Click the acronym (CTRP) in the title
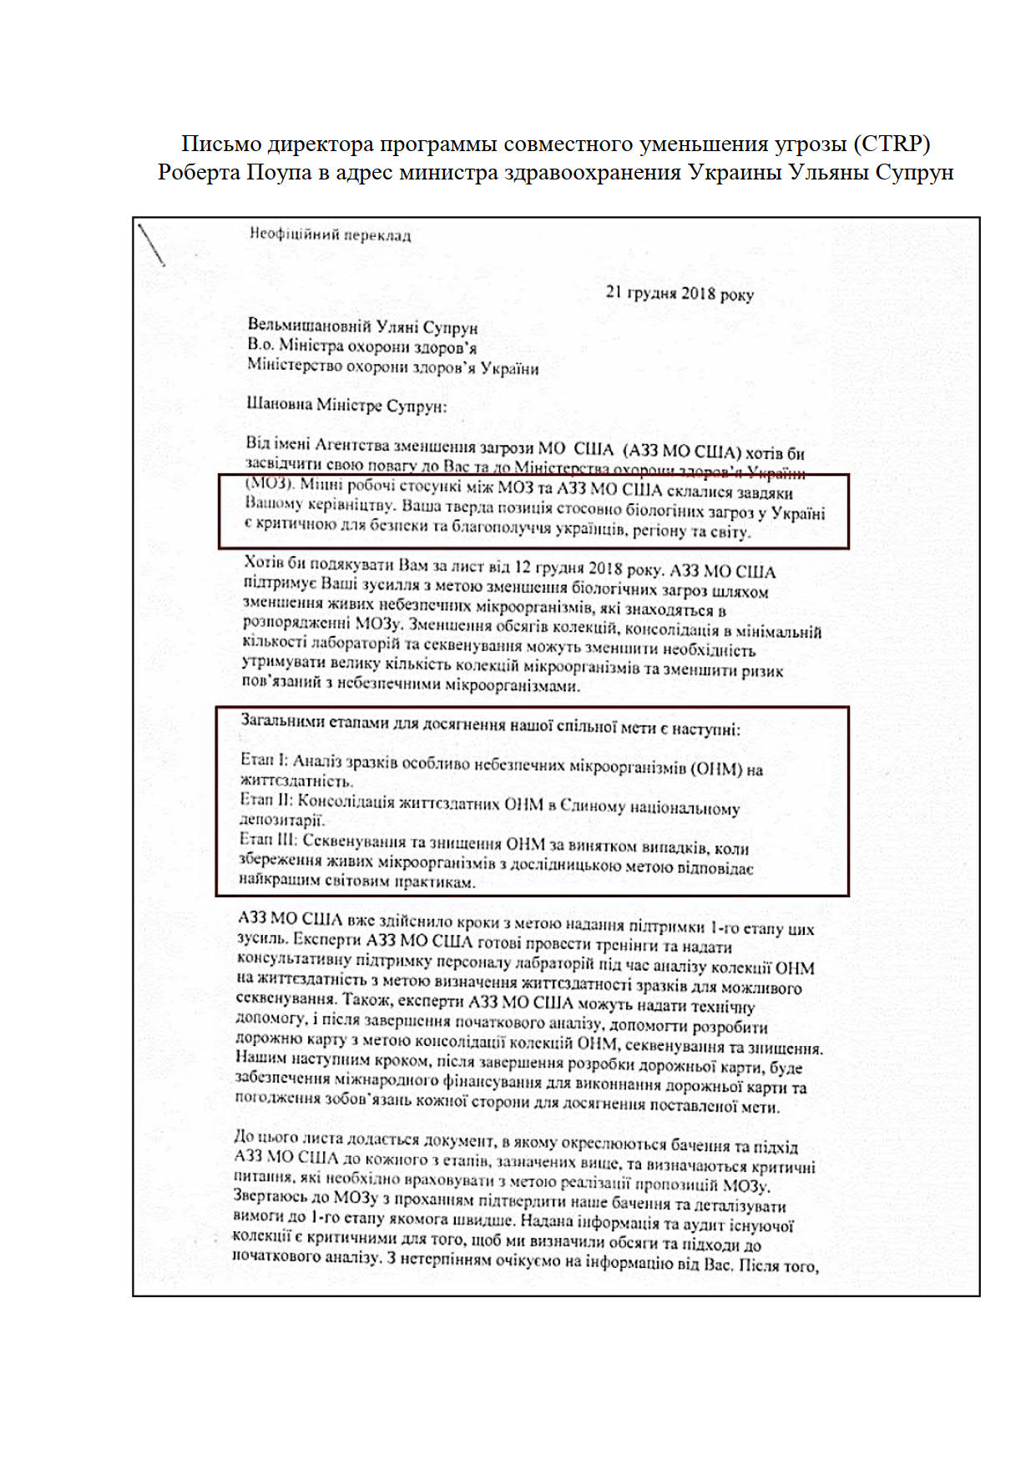[891, 144]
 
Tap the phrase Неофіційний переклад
[330, 235]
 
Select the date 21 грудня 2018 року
[679, 293]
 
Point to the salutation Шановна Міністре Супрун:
[346, 406]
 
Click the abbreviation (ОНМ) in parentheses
[717, 768]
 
